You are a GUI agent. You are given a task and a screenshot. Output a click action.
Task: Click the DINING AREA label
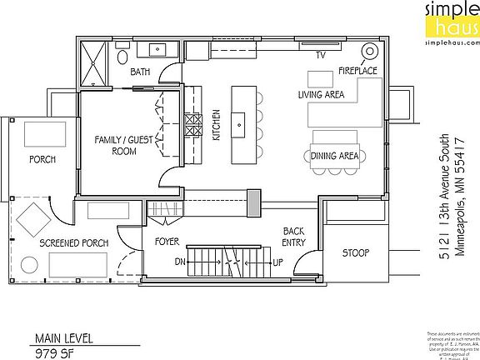point(334,156)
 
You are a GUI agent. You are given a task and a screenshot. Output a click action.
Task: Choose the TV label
point(319,56)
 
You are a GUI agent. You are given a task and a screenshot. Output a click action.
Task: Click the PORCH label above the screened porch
point(42,158)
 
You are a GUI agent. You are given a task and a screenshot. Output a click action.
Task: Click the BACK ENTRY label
point(293,237)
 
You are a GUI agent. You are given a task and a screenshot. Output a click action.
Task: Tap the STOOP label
point(354,252)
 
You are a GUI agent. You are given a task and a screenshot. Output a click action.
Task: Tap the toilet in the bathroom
point(122,57)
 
